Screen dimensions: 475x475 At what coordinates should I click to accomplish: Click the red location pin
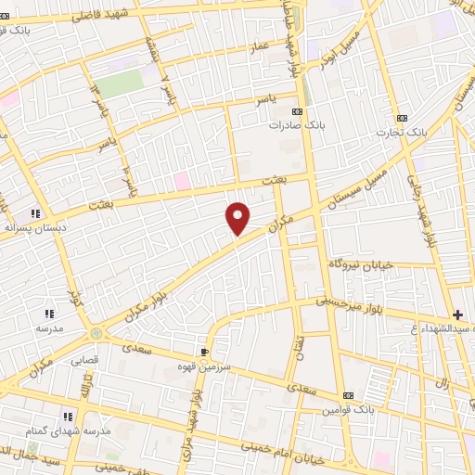click(238, 218)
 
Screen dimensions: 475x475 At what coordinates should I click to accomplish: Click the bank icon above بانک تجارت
click(402, 118)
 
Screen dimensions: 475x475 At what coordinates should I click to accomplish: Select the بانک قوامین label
click(347, 409)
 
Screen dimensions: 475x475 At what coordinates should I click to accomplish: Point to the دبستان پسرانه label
click(32, 225)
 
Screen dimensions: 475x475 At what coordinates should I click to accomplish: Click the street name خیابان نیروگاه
click(362, 265)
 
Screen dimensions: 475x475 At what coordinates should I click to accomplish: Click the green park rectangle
click(121, 83)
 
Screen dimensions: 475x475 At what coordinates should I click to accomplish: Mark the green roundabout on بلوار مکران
click(95, 332)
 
